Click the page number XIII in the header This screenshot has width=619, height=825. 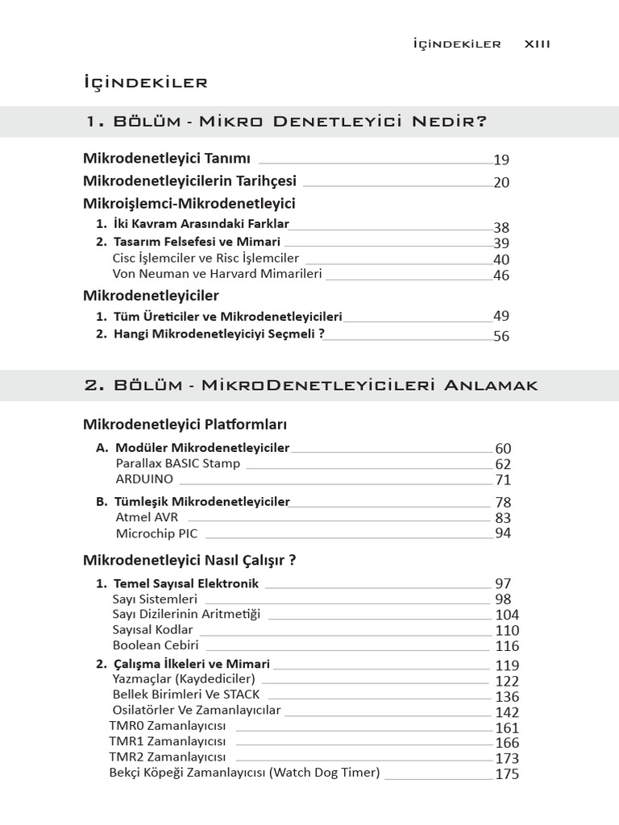click(x=537, y=44)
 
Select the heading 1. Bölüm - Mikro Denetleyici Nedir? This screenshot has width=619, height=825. click(x=285, y=122)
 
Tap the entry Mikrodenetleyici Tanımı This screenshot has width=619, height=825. click(x=167, y=158)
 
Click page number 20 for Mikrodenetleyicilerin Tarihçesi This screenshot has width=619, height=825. click(x=501, y=183)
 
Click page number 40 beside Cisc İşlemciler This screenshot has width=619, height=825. click(x=501, y=259)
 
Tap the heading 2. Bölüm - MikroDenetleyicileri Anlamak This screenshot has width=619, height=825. click(x=310, y=385)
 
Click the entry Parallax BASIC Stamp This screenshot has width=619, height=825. click(x=177, y=463)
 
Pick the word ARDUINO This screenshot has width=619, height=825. click(x=144, y=479)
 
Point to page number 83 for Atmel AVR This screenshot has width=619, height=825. click(x=503, y=518)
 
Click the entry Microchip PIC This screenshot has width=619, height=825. click(x=156, y=533)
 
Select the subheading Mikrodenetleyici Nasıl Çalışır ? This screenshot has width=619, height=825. click(x=189, y=560)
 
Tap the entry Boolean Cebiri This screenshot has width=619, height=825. click(x=156, y=645)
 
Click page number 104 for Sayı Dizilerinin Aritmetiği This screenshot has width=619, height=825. click(x=507, y=615)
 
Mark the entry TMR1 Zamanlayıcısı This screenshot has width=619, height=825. click(x=168, y=741)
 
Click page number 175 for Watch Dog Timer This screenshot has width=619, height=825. click(x=507, y=774)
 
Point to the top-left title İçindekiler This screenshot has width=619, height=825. click(x=146, y=82)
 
